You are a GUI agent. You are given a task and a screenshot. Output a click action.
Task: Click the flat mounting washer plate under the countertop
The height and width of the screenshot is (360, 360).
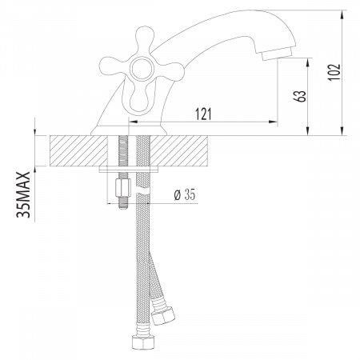point(133,170)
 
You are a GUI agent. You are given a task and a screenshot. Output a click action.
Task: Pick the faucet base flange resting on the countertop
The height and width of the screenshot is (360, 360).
point(130,129)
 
